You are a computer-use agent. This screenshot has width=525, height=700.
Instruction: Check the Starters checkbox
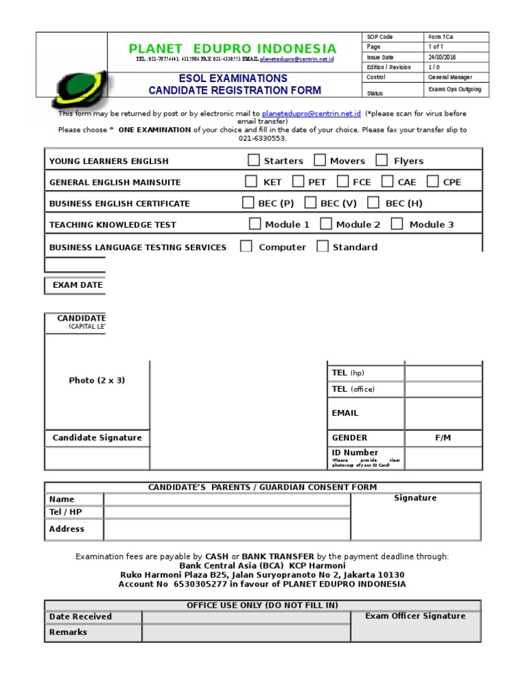point(254,161)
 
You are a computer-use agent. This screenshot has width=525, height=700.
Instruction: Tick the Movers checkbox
point(320,161)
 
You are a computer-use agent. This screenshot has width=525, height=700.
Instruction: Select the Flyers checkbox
point(383,161)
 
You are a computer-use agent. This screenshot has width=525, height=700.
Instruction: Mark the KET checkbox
point(252,182)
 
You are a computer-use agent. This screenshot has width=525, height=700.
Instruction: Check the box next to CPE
point(433,182)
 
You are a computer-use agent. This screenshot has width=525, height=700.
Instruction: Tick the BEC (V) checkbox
point(310,203)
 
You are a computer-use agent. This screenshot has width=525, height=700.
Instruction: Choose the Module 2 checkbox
point(326,224)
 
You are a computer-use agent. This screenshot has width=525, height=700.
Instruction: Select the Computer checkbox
point(246,247)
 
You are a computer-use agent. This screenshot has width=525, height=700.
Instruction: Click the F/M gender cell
point(443,437)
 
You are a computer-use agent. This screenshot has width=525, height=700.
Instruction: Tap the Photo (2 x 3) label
point(97,380)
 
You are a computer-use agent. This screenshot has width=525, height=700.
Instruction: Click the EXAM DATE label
point(77,285)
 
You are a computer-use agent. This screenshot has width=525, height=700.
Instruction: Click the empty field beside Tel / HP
point(227,512)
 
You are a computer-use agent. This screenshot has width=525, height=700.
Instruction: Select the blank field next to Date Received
point(246,617)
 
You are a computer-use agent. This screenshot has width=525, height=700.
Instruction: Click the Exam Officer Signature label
point(415,616)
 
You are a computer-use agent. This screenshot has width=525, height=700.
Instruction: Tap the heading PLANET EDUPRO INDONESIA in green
point(233,49)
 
